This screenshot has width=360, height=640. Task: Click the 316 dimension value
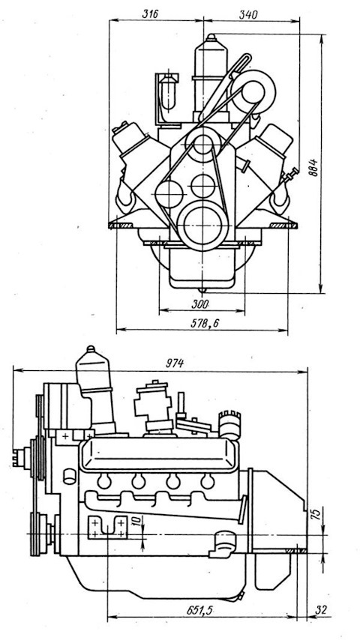click(x=150, y=13)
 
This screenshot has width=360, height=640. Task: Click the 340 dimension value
click(x=247, y=14)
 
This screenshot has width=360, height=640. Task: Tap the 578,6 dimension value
click(x=205, y=323)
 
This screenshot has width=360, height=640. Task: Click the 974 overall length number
click(x=175, y=363)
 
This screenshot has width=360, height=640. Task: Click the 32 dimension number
click(x=322, y=610)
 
